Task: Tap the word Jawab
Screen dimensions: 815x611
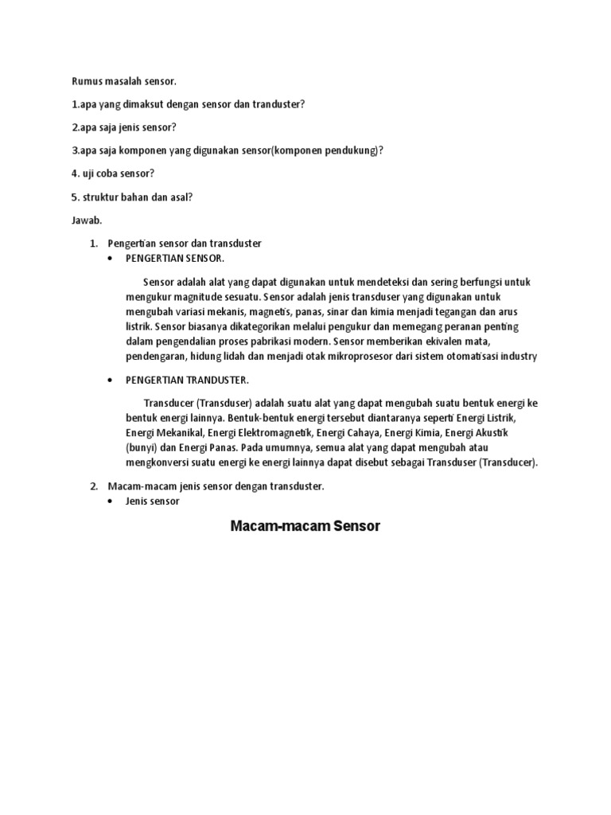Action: [x=84, y=220]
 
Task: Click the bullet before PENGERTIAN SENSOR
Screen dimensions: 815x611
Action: [x=109, y=259]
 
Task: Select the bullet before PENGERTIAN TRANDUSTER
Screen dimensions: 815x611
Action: [x=109, y=380]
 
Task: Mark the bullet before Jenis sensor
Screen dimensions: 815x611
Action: [x=109, y=502]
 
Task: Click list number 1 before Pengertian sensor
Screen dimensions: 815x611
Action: [x=92, y=243]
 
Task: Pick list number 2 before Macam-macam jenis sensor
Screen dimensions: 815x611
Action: [x=92, y=485]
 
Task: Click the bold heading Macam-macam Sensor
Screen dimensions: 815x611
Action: [x=305, y=526]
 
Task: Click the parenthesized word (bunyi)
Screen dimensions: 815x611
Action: [x=140, y=447]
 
